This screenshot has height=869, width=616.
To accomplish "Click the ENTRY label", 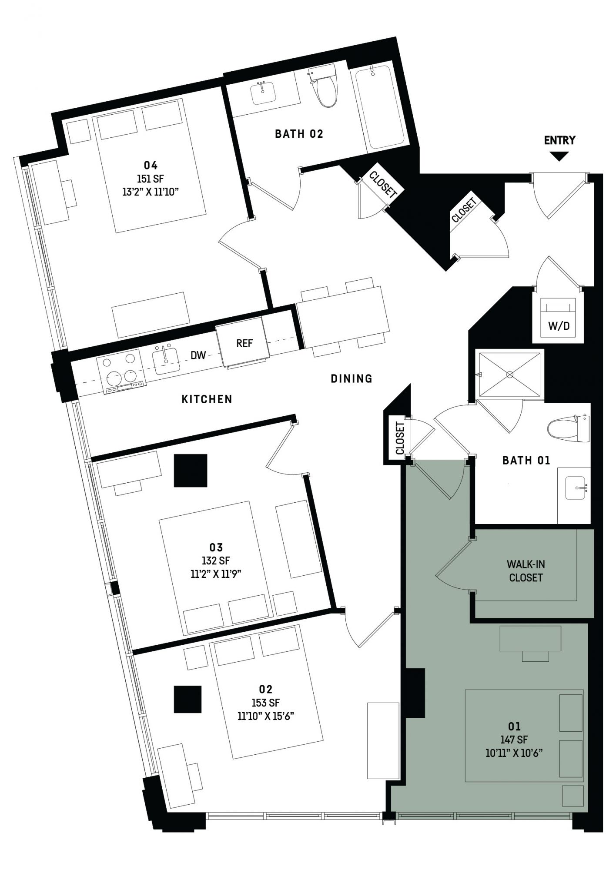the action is (x=559, y=140).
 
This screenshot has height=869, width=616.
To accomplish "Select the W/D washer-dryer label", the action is (x=559, y=326).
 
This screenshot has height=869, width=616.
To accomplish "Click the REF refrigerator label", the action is (x=244, y=343).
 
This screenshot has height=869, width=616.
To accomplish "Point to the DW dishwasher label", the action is (x=198, y=355).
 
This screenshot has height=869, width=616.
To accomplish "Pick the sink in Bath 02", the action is (x=263, y=92).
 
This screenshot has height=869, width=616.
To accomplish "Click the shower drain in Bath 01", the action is (x=510, y=374).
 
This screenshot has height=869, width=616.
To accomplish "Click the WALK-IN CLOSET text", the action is (x=526, y=571).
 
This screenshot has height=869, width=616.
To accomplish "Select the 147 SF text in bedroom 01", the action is (x=514, y=739).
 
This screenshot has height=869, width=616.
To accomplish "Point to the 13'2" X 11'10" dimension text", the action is (x=151, y=192).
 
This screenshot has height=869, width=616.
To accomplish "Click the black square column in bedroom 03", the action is (x=191, y=471).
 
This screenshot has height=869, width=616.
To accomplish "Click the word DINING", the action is (x=352, y=378).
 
